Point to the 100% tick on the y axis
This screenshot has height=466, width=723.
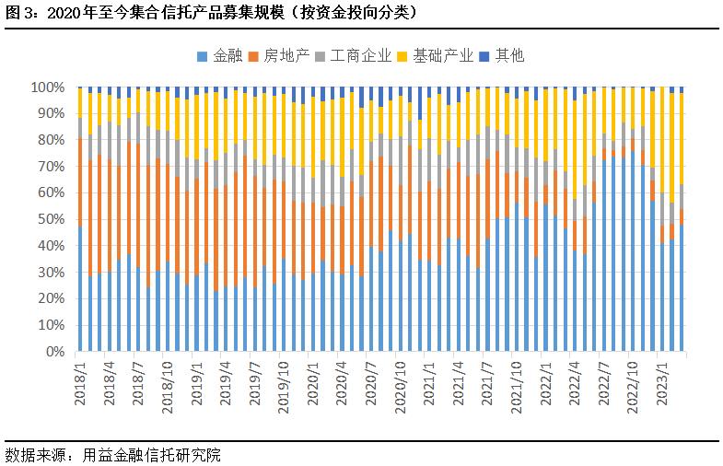pyautogui.click(x=49, y=87)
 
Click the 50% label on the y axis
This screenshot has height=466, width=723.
pyautogui.click(x=52, y=220)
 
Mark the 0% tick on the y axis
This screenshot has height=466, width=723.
pyautogui.click(x=55, y=352)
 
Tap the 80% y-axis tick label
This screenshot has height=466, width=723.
pyautogui.click(x=52, y=140)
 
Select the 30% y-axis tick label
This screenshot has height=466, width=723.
pyautogui.click(x=52, y=273)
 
